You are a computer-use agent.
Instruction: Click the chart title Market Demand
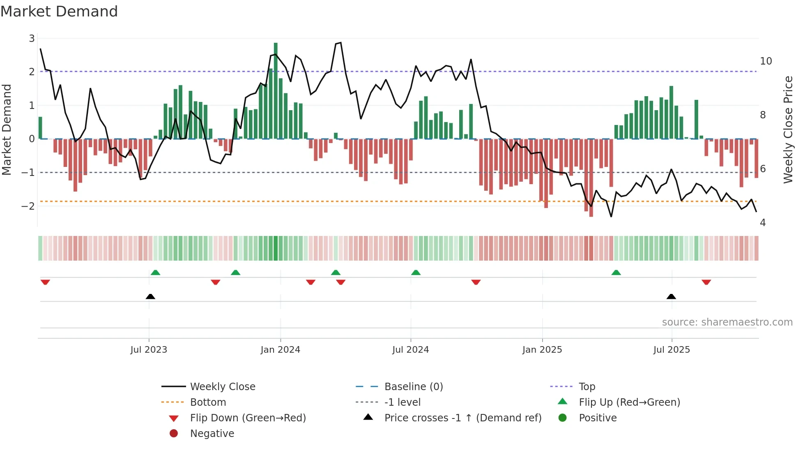59,12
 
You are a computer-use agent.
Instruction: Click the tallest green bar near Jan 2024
276,90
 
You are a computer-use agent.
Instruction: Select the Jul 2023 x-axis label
149,350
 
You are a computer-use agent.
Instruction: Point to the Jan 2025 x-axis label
542,350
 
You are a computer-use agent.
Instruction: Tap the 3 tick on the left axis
32,38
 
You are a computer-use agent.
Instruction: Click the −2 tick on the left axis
28,206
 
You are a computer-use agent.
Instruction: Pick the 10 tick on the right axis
766,61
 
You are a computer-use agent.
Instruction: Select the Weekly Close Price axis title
788,129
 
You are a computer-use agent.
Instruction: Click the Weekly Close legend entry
222,387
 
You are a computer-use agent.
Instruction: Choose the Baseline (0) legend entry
413,387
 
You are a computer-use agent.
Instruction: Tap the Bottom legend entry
208,402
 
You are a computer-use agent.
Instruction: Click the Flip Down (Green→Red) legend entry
248,418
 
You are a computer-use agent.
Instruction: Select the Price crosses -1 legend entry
462,418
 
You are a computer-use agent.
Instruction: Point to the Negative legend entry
212,434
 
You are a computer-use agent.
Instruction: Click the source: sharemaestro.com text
727,322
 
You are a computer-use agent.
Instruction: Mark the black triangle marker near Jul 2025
671,297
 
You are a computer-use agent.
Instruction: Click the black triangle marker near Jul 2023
150,297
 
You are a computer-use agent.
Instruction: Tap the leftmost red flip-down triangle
45,282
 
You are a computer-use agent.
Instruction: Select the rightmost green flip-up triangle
616,273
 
